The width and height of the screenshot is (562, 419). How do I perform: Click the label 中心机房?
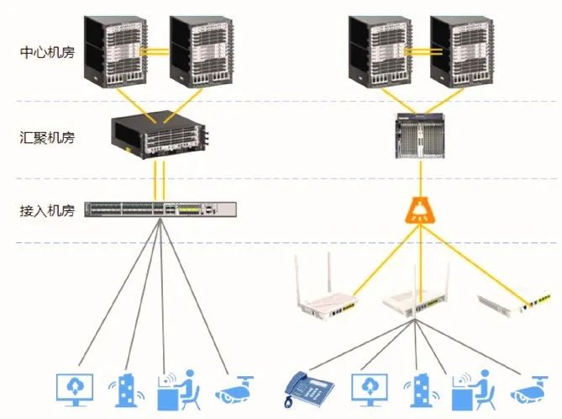47,52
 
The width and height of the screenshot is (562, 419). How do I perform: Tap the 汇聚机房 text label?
47,136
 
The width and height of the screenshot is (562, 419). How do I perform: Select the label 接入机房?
47,210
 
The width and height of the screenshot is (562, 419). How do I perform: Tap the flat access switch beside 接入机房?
160,209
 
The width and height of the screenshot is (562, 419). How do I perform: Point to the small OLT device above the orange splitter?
417,139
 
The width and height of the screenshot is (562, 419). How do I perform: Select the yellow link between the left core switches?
154,51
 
